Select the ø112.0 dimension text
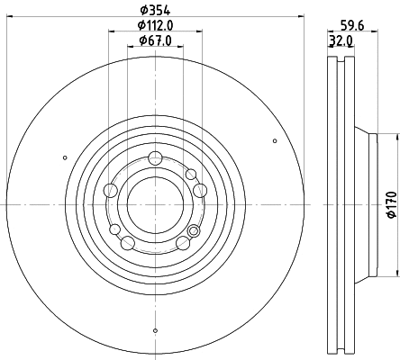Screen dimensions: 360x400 155,25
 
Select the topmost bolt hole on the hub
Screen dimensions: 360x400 155,158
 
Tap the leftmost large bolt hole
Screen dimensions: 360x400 110,190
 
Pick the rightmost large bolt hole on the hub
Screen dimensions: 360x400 200,190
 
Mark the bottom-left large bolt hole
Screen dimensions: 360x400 127,243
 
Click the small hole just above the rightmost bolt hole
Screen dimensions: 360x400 190,173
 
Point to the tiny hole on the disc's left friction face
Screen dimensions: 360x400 65,158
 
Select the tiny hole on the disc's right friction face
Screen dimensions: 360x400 275,139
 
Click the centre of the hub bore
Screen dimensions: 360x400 155,205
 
